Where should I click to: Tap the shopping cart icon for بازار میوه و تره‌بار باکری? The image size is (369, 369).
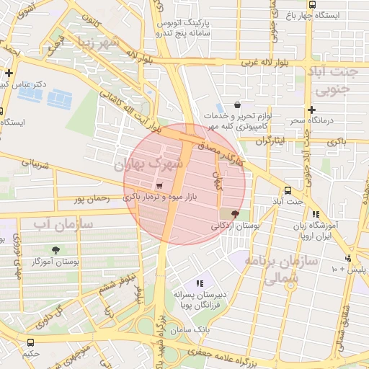pos(159,186)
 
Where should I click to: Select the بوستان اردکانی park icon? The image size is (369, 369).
pos(234,214)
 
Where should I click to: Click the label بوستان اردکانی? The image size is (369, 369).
pos(234,226)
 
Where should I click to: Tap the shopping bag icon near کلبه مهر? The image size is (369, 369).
pos(238,105)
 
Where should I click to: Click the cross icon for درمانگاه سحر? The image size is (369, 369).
pos(311,110)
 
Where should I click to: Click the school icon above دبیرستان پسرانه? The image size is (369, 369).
pos(200,284)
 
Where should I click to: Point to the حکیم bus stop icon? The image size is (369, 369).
pos(30,343)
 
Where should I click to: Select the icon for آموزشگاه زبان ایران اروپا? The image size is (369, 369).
pos(315,214)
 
